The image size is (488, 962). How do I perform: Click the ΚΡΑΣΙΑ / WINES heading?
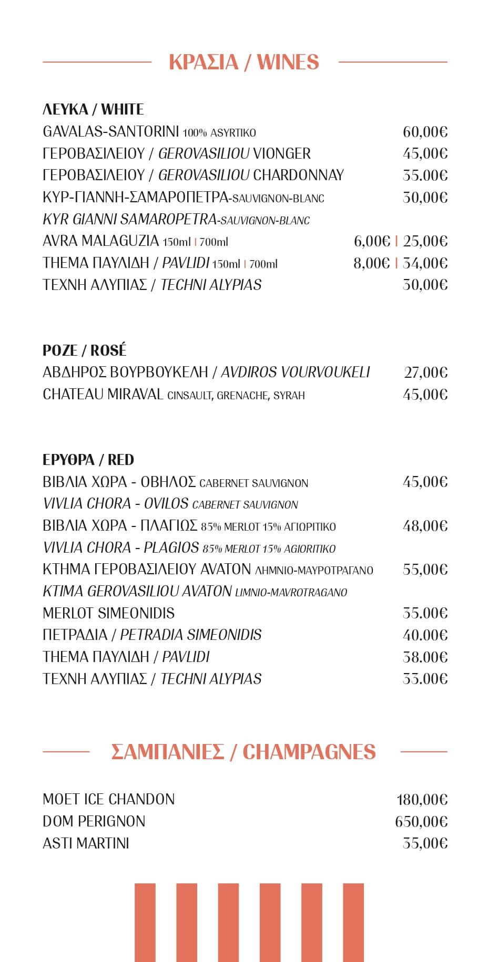(x=243, y=62)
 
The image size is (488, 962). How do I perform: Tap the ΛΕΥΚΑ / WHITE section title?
(x=93, y=109)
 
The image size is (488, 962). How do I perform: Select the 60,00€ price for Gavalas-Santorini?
(x=425, y=132)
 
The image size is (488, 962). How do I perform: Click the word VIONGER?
(x=282, y=153)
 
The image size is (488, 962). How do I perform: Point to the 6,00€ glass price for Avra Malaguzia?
(x=372, y=241)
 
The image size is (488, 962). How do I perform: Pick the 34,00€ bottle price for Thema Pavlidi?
(x=425, y=263)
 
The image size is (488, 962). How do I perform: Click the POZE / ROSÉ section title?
(x=85, y=350)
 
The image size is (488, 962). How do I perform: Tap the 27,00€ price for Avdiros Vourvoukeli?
(x=425, y=373)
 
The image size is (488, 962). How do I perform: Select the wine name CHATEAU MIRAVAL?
(x=103, y=394)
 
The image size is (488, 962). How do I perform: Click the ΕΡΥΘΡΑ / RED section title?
(x=88, y=460)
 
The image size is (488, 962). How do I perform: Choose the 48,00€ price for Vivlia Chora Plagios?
(x=425, y=526)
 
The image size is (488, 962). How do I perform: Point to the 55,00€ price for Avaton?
(x=425, y=570)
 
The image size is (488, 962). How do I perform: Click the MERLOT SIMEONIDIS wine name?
(x=108, y=613)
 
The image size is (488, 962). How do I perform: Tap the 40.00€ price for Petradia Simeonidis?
(x=425, y=635)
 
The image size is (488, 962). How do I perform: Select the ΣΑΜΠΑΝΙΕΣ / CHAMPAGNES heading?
(x=243, y=752)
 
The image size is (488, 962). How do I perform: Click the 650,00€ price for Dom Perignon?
(x=421, y=822)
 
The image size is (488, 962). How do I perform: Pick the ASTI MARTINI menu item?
(x=86, y=843)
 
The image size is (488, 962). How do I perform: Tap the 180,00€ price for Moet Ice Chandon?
(x=422, y=800)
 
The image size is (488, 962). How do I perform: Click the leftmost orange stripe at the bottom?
(x=145, y=922)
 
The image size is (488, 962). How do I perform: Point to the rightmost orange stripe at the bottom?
(x=353, y=922)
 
